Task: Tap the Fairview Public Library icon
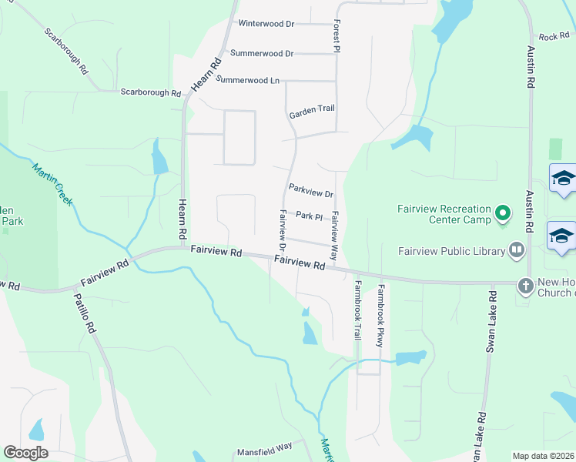[x=516, y=249]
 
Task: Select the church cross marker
[x=526, y=285]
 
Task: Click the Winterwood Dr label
[x=266, y=24]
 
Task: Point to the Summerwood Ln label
[x=247, y=80]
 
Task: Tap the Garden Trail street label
[x=312, y=112]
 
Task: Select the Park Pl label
[x=308, y=216]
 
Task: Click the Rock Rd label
[x=553, y=36]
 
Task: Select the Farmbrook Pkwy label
[x=380, y=316]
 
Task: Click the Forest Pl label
[x=337, y=37]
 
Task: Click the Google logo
[x=25, y=453]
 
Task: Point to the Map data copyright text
[x=543, y=456]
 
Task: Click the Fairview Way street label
[x=334, y=229]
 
